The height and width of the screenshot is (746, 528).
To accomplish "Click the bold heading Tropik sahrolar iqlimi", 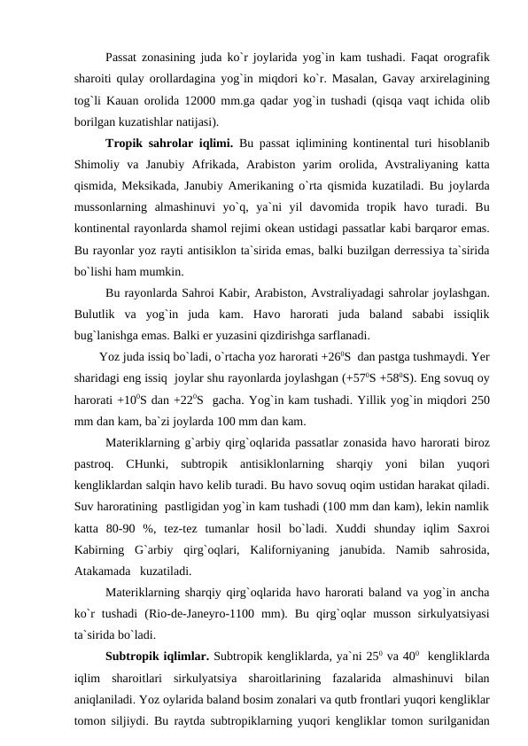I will pos(169,143).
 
